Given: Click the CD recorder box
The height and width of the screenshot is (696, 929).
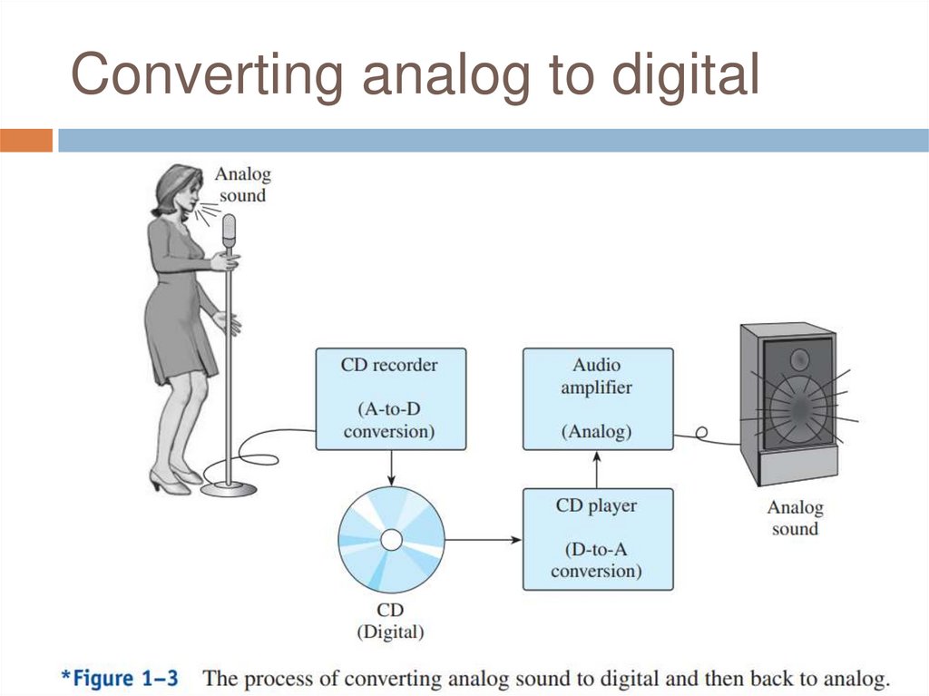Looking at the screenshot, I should tap(390, 398).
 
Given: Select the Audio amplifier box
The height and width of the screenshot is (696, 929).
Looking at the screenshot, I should tap(598, 398).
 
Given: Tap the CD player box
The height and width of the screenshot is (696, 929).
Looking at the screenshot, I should tap(598, 539).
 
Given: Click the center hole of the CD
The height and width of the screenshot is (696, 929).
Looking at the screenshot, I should tap(391, 541).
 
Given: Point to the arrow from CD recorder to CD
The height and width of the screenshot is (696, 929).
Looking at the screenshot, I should tap(391, 466).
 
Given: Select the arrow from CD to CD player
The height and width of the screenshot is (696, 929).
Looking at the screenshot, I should tap(484, 540).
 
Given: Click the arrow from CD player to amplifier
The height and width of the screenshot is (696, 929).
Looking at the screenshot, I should tap(597, 468).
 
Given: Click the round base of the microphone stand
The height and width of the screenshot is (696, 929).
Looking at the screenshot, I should tap(228, 489).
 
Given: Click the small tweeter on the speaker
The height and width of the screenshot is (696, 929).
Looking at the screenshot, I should tap(799, 359).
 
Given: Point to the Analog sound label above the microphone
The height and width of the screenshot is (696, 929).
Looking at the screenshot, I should tap(242, 184).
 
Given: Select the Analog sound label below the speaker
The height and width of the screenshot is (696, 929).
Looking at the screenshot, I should tap(795, 518).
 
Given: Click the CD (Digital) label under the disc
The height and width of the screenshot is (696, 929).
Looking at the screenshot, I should tap(390, 620).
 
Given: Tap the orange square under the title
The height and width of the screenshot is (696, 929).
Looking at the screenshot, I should tap(26, 141).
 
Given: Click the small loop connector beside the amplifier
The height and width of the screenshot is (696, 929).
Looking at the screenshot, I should tap(701, 434).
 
